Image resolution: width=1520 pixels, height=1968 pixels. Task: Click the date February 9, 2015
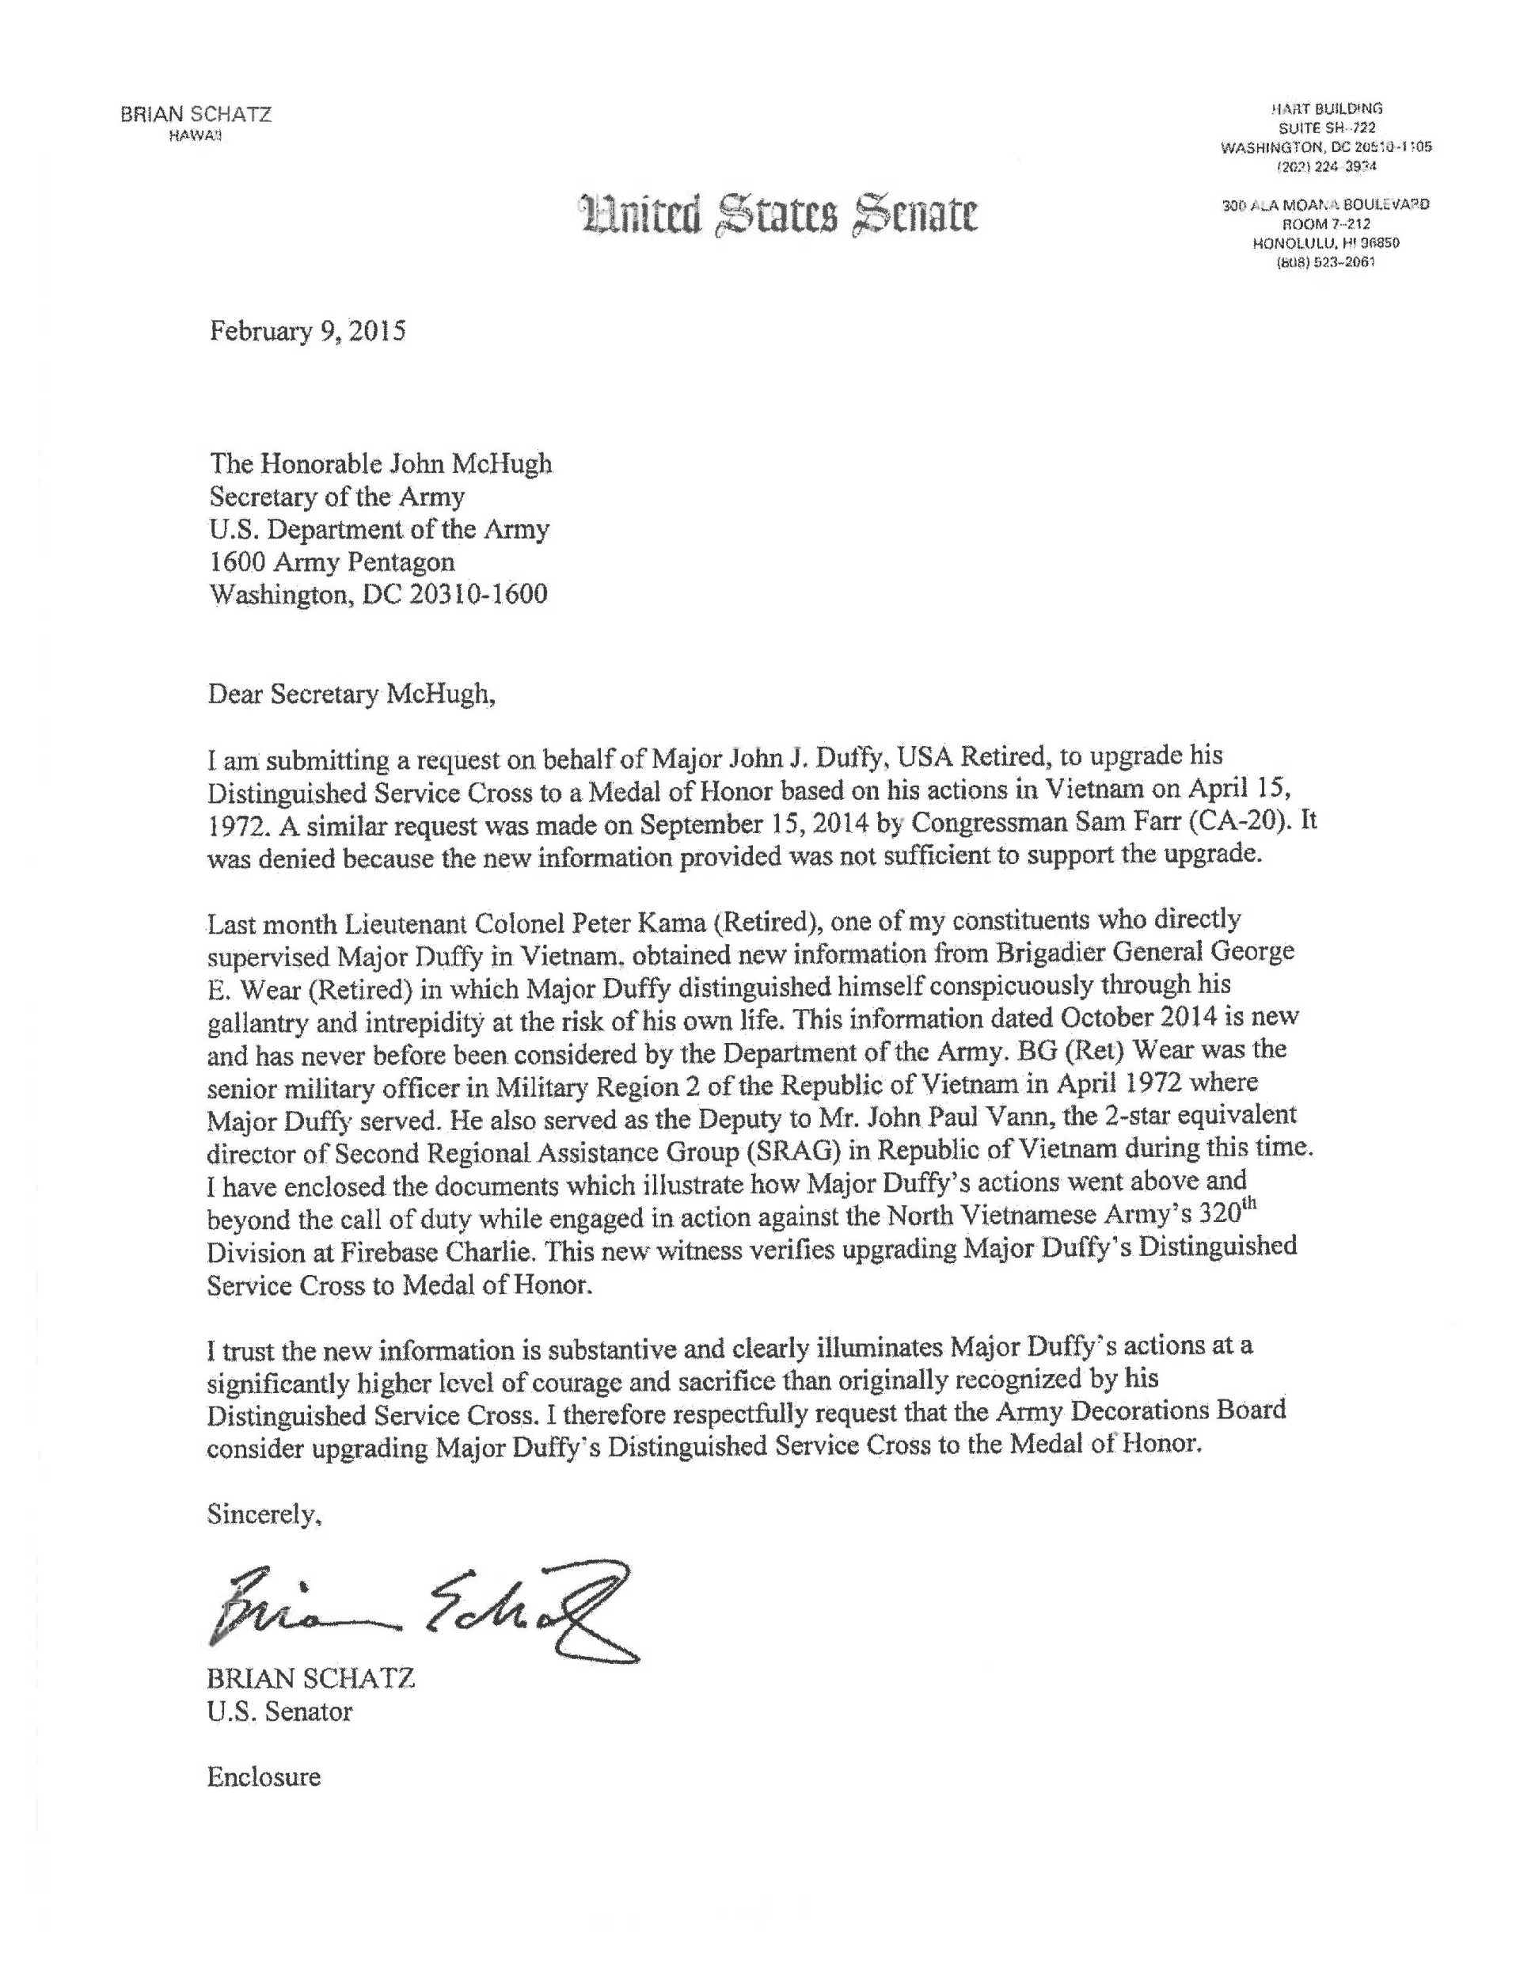point(307,332)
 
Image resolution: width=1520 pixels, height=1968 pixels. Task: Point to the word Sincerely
point(264,1515)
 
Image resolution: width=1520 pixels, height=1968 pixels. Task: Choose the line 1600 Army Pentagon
point(332,561)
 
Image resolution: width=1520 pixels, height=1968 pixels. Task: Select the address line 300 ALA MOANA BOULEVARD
point(1325,205)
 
